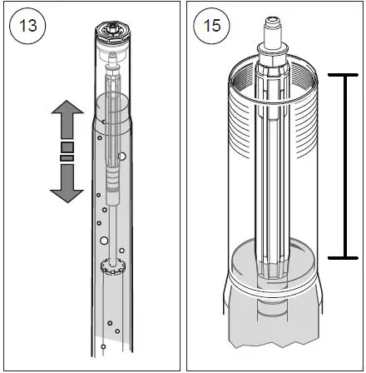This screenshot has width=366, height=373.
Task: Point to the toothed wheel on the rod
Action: (111, 266)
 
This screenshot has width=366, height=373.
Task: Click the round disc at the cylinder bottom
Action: (268, 260)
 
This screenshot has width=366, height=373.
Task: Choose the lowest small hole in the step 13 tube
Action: (102, 346)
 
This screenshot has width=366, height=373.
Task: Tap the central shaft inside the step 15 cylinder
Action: (268, 167)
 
